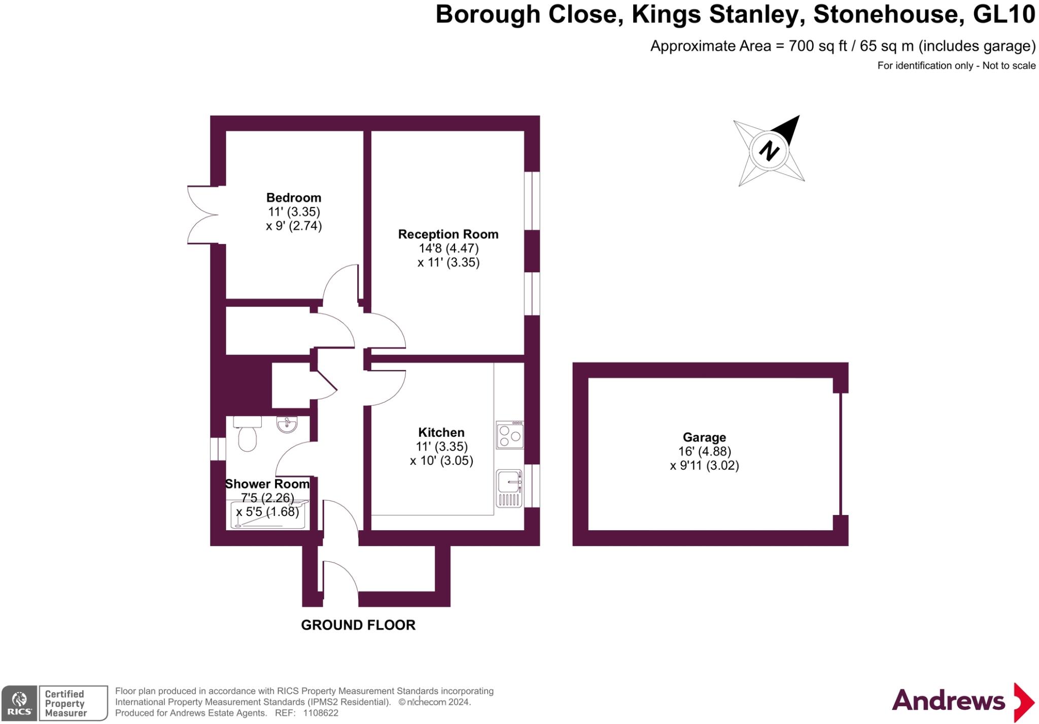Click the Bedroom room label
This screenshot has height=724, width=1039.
point(294,197)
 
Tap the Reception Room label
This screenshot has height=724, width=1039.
point(448,234)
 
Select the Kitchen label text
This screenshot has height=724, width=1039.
point(441,432)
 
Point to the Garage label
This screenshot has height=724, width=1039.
point(704,437)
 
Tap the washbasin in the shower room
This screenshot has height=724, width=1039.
point(287,424)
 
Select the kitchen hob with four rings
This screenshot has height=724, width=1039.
point(509,435)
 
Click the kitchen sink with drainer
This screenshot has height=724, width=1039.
point(509,488)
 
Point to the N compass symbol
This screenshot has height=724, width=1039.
point(769,151)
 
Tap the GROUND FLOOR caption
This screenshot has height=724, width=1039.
point(358,625)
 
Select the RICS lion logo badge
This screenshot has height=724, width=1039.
point(19,703)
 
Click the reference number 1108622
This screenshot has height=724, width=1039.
point(320,713)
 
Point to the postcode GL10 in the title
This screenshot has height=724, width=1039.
point(1004,14)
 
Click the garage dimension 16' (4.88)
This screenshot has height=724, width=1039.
point(704,452)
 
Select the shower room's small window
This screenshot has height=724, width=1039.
point(218,449)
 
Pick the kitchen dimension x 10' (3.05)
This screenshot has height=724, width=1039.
point(441,461)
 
